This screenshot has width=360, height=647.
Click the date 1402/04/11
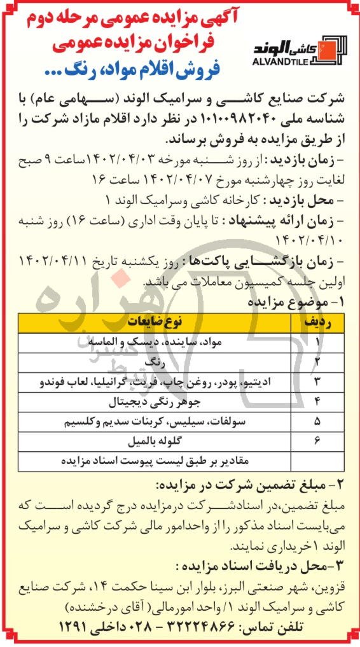click(x=47, y=262)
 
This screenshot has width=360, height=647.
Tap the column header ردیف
click(x=315, y=323)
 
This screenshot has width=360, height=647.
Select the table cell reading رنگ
click(x=153, y=362)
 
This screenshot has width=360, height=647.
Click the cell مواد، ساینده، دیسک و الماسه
click(x=153, y=343)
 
